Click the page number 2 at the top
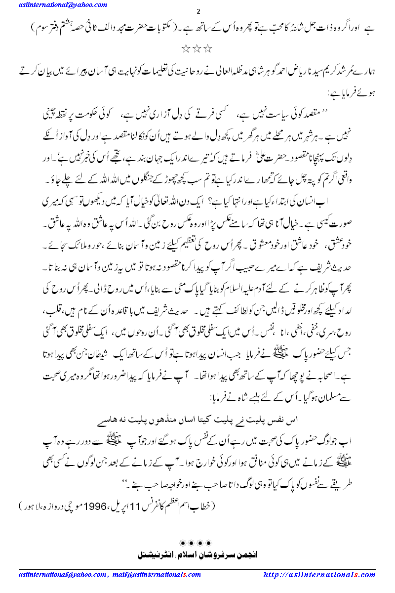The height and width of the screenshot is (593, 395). click(x=197, y=12)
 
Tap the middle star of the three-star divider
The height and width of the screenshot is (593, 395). click(x=197, y=49)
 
